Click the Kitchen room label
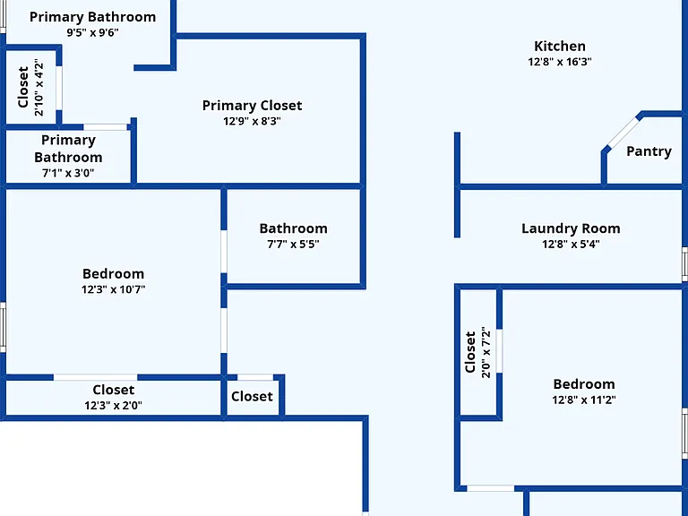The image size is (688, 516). click(x=559, y=46)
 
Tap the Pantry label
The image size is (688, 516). click(x=649, y=151)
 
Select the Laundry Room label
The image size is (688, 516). click(x=571, y=228)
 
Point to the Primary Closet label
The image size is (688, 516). click(x=252, y=106)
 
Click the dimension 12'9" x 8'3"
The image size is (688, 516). click(x=252, y=121)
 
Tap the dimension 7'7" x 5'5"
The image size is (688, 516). click(x=293, y=244)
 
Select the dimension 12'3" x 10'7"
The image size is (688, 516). click(x=113, y=289)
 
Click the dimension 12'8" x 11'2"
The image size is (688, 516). click(x=583, y=400)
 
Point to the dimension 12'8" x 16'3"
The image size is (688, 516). click(x=559, y=62)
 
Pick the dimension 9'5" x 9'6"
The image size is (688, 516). click(x=92, y=32)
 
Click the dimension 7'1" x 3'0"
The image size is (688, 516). click(x=68, y=173)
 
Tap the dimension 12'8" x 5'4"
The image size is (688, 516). click(x=571, y=244)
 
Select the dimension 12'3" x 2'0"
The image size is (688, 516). click(x=113, y=406)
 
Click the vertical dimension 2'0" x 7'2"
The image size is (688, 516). click(x=486, y=352)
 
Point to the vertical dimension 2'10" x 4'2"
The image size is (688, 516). click(x=39, y=87)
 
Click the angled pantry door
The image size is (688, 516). click(x=623, y=132)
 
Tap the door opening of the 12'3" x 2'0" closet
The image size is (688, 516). click(x=95, y=377)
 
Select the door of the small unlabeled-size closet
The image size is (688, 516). click(x=255, y=377)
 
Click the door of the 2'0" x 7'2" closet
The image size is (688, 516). click(x=499, y=351)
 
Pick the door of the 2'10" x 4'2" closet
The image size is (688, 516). click(x=59, y=88)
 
